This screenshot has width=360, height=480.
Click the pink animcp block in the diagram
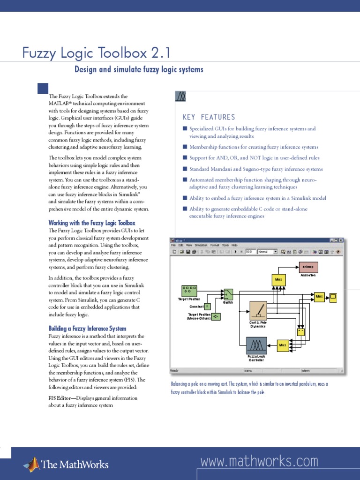[x=308, y=267]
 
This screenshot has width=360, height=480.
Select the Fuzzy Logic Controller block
[x=256, y=346]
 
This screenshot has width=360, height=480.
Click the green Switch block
[x=228, y=294]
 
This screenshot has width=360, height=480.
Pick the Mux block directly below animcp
[x=277, y=280]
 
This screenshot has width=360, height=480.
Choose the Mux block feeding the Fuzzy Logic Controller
[x=283, y=345]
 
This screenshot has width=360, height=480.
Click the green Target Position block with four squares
[x=189, y=291]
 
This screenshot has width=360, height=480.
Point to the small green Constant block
[x=207, y=306]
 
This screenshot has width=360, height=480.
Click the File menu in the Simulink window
[x=173, y=245]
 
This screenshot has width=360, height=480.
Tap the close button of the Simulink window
[x=343, y=240]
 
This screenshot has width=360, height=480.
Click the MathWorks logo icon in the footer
[x=32, y=464]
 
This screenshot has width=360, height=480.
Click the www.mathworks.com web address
[x=259, y=462]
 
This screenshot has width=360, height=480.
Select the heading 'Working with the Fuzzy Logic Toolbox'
[x=92, y=223]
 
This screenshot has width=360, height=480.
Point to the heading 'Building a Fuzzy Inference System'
[x=87, y=329]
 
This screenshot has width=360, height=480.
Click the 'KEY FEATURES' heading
[x=209, y=117]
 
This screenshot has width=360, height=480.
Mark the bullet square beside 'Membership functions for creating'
[x=185, y=147]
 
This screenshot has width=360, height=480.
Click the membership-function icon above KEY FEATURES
[x=181, y=97]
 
